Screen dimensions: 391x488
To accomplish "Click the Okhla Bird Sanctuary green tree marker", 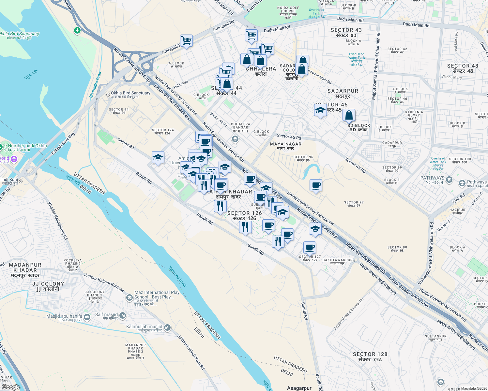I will tap(77, 31).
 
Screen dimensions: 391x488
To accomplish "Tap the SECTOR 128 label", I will tap(370, 356).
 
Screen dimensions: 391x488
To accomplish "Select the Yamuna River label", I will tap(178, 277).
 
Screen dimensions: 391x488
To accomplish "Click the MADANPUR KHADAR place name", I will tap(25, 270).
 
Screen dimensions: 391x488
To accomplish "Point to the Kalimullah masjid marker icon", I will tap(167, 327).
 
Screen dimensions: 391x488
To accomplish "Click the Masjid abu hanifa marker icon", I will tap(87, 317).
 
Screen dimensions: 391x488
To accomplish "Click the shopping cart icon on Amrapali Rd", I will tap(186, 41).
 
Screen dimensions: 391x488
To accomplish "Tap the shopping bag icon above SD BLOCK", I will tap(349, 115).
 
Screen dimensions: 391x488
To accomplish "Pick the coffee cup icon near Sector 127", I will tap(310, 247).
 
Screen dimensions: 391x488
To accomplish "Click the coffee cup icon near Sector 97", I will tap(316, 185).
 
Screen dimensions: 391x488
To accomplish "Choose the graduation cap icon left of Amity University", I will tap(158, 157).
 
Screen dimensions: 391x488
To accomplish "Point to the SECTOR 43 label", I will tap(346, 32).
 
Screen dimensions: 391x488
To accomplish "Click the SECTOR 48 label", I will tap(463, 68).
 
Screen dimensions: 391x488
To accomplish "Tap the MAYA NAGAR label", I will tap(286, 146).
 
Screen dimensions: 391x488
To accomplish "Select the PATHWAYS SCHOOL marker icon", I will tap(449, 180).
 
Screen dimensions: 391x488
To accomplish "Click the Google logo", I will tap(11, 387).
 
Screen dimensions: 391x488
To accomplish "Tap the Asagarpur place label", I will tap(299, 388).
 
